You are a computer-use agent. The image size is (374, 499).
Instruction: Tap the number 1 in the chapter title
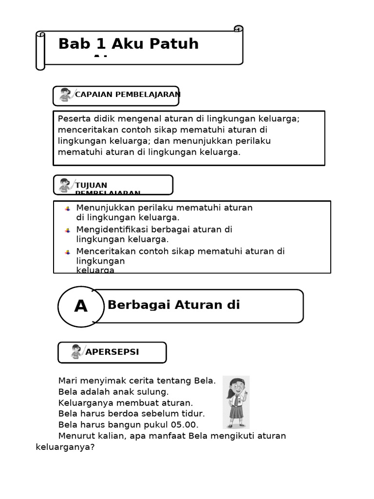point(101,44)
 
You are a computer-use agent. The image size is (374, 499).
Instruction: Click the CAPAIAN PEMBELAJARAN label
point(128,95)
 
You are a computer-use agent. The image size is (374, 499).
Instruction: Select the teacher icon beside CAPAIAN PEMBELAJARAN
point(65,95)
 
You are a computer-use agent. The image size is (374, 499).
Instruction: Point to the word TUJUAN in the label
point(92,185)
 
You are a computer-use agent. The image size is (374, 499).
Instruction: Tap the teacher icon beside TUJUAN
point(65,185)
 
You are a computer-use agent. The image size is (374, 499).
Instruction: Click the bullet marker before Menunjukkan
point(68,209)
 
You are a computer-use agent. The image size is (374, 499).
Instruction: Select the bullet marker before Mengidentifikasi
point(68,230)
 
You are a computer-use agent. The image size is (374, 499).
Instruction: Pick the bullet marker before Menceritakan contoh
point(68,252)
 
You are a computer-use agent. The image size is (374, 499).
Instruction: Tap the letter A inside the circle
point(81,307)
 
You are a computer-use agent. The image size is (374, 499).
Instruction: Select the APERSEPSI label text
point(112,352)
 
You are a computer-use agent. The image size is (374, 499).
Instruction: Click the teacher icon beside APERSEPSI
point(76,352)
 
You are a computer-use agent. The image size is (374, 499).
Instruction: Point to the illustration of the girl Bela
point(236,402)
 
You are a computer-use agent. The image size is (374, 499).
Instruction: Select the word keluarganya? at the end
point(65,447)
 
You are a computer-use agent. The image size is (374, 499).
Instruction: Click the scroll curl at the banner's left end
point(40,51)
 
